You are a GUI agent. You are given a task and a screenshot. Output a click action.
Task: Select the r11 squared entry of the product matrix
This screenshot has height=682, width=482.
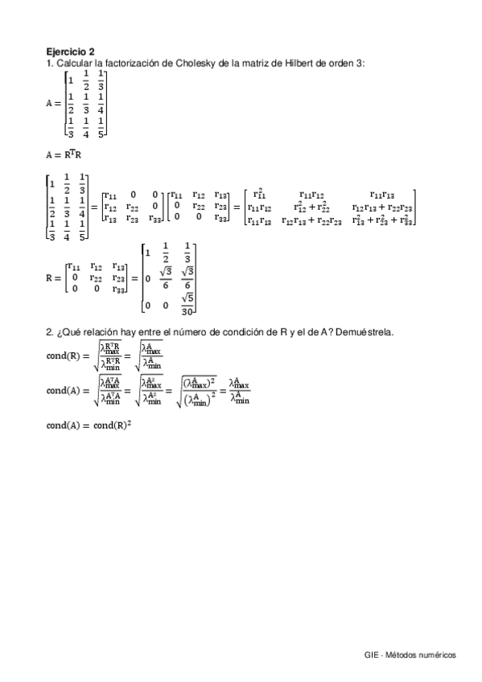tap(259, 193)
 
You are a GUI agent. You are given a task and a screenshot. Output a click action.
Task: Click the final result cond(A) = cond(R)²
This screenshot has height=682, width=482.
tap(89, 425)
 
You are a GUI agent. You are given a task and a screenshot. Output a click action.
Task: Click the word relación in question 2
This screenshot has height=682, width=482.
tap(97, 332)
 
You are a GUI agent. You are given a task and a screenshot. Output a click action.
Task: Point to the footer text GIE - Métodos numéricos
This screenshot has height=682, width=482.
tap(410, 655)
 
